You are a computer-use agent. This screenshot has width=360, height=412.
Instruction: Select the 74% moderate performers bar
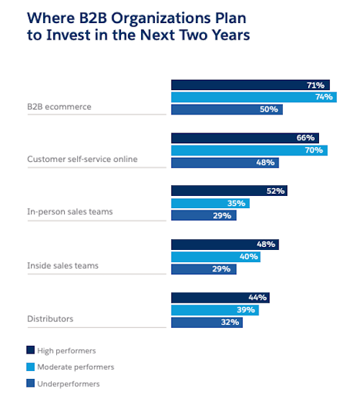253,97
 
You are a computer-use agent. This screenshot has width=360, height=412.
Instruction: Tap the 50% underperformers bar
227,109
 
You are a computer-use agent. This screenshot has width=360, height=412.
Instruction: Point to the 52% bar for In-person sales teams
229,191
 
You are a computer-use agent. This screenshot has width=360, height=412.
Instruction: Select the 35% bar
210,203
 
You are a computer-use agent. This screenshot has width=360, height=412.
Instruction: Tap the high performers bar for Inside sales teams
225,244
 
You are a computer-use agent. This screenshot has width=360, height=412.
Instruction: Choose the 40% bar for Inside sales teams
215,256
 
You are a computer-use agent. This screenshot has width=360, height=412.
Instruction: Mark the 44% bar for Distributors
220,297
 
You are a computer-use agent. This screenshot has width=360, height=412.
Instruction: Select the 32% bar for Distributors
207,323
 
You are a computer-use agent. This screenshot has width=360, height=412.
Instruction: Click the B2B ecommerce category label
59,107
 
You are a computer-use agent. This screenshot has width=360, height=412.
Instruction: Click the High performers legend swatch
30,350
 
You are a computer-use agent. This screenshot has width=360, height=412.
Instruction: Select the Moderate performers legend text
76,367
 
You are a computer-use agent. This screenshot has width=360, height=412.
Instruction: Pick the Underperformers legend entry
68,384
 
